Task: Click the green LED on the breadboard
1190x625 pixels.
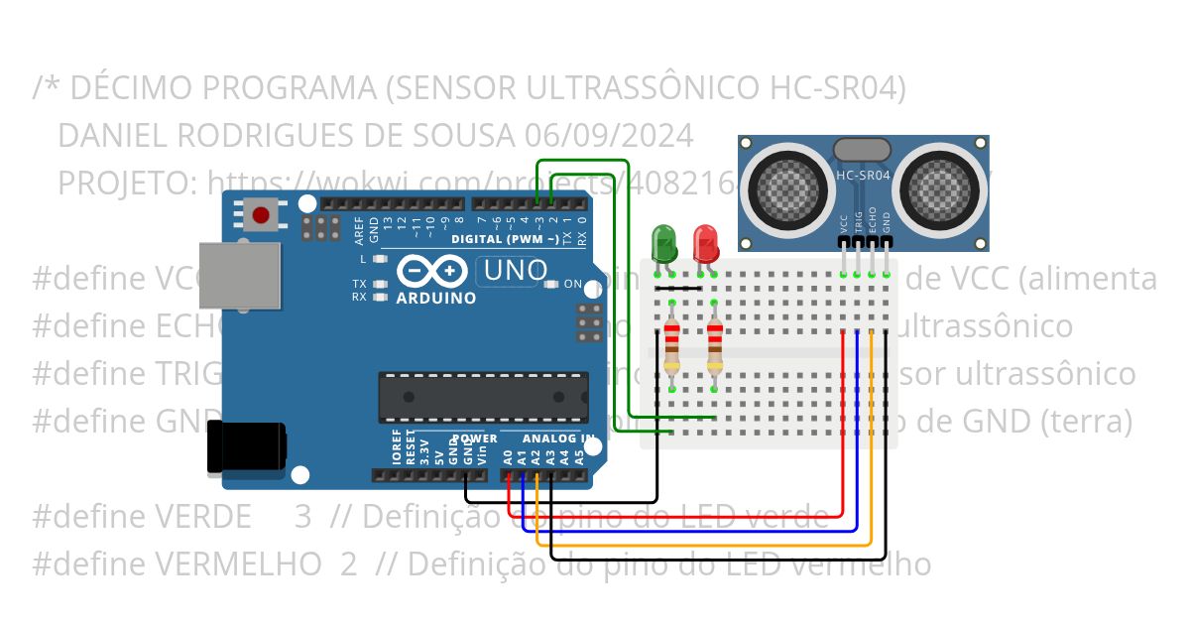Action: tap(663, 241)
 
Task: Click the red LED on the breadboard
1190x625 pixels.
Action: tap(706, 241)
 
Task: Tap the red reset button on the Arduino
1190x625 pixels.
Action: tap(262, 214)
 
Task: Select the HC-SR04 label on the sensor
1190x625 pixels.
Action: tap(863, 176)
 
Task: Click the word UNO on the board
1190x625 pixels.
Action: tap(513, 270)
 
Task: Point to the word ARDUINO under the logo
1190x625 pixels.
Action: tap(435, 298)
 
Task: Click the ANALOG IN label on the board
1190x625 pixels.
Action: tap(558, 438)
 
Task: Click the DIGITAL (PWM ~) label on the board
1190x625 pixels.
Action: tap(504, 239)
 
